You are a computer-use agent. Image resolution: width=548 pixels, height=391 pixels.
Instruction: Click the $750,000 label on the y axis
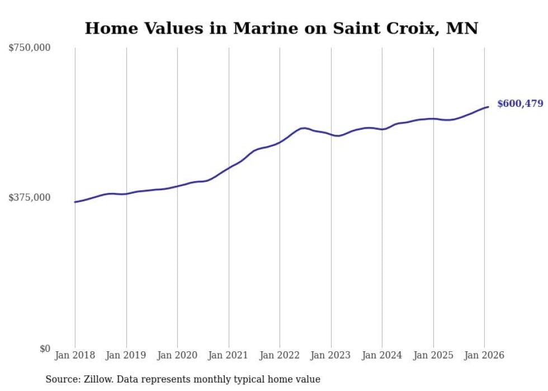[x=30, y=48]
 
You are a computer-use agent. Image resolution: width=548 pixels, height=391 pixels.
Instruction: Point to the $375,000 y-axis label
[x=30, y=197]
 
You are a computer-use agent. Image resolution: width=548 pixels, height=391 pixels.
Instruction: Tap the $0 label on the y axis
[x=45, y=348]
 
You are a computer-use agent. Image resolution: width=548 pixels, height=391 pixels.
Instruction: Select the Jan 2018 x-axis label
[x=75, y=355]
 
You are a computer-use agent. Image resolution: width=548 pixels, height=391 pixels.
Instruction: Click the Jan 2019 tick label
[x=126, y=355]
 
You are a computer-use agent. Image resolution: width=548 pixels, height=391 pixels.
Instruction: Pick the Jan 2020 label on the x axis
[x=177, y=355]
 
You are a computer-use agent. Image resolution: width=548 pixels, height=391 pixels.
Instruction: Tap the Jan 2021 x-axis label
[x=229, y=355]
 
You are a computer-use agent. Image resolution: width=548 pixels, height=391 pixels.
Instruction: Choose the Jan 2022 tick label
[x=280, y=355]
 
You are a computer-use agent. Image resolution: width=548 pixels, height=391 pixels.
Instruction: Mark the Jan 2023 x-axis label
[x=331, y=355]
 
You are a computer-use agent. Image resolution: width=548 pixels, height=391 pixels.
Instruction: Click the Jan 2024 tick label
[x=382, y=355]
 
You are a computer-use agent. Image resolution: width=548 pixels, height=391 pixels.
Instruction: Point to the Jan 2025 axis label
[x=433, y=355]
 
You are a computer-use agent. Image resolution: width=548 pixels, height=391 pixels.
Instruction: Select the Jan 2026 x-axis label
[x=484, y=355]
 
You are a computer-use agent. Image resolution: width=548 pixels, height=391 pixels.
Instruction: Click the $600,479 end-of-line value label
[x=520, y=103]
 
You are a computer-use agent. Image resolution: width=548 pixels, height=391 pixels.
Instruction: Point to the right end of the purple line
[x=488, y=107]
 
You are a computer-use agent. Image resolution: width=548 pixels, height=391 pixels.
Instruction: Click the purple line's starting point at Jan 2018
[x=75, y=202]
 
